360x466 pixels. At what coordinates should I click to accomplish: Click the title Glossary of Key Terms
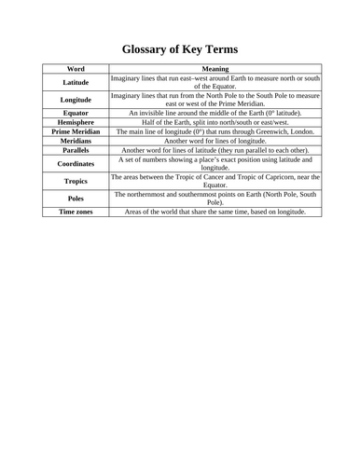click(x=180, y=48)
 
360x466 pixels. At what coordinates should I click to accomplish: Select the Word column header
click(x=76, y=69)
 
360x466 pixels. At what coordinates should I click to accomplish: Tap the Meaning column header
click(x=215, y=69)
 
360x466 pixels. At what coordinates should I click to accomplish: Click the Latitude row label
click(x=76, y=83)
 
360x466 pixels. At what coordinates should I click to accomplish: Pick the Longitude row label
click(x=76, y=100)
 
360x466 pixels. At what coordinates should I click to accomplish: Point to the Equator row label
click(x=76, y=113)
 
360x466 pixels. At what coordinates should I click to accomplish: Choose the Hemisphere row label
click(x=76, y=122)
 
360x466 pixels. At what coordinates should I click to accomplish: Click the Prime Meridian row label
click(x=76, y=131)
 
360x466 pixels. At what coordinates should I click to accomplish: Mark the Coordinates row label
click(x=76, y=163)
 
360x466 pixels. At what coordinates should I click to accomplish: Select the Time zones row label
click(x=76, y=212)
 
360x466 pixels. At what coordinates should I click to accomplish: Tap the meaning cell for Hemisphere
click(x=215, y=122)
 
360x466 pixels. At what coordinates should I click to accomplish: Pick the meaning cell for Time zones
click(x=215, y=212)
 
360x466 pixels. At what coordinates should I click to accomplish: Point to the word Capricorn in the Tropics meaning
click(x=282, y=176)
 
